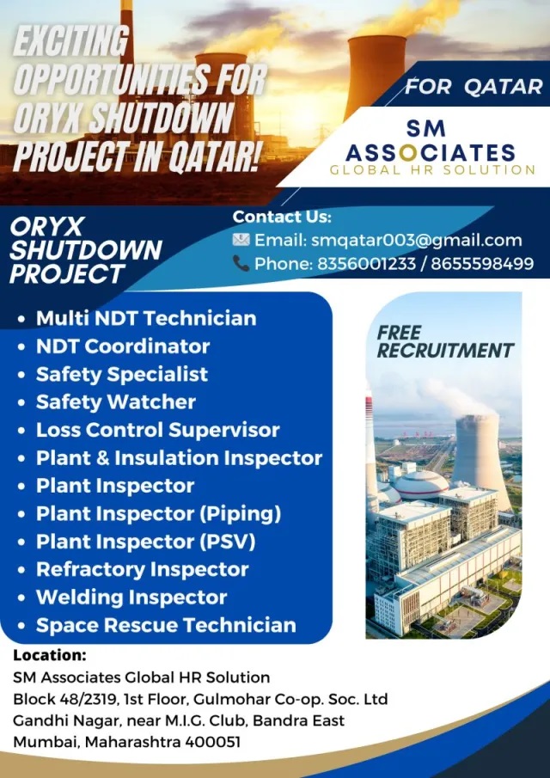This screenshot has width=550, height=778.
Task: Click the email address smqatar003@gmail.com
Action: (417, 241)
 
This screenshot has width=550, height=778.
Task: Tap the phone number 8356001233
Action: (366, 263)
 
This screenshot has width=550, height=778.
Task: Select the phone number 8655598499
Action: (482, 263)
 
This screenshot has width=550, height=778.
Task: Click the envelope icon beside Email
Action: (241, 240)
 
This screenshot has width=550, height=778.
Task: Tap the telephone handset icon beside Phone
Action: (241, 263)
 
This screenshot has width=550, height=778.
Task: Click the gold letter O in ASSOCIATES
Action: (407, 153)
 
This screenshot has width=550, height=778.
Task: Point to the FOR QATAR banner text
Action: (474, 88)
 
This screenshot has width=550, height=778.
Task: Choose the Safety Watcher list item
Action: (116, 402)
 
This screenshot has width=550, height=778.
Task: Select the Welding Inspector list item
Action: (131, 597)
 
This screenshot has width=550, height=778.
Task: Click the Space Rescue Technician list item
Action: (166, 625)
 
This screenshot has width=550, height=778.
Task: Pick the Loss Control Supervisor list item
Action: (158, 430)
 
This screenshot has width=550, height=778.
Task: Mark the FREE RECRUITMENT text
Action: (445, 341)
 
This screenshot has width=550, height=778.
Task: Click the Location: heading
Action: (50, 655)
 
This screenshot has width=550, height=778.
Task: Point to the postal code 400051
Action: (213, 742)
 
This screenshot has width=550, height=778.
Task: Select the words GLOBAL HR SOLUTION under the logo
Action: (432, 169)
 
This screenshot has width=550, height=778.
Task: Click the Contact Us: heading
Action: (282, 217)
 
